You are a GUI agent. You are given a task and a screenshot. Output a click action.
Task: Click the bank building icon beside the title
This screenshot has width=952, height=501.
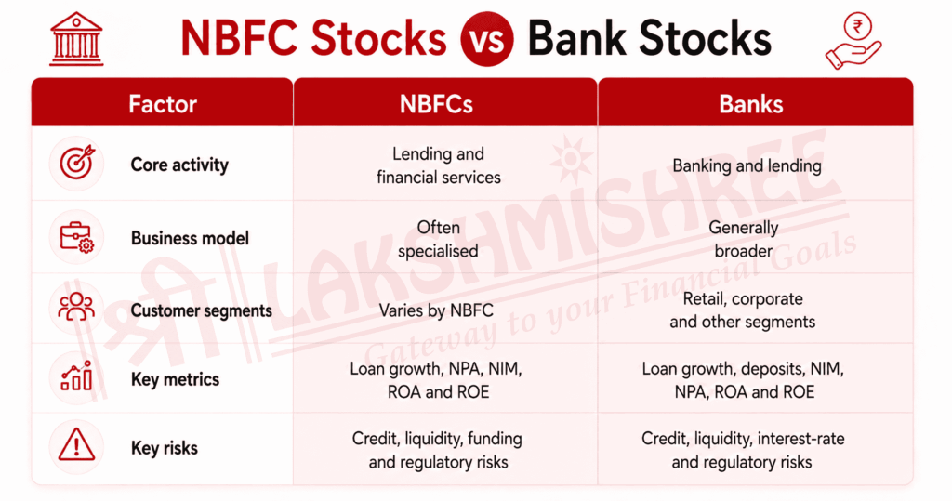(76, 39)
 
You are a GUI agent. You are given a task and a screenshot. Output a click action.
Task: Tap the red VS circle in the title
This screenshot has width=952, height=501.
(487, 39)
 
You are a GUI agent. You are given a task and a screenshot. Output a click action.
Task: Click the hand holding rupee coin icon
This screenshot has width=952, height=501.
(853, 41)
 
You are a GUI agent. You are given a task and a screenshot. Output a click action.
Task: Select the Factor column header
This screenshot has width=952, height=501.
(163, 104)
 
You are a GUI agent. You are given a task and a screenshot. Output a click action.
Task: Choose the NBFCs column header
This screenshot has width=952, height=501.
(436, 104)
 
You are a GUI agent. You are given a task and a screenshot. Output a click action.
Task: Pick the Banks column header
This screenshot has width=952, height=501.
(751, 104)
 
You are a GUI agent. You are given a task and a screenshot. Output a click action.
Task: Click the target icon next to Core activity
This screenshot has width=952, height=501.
(77, 163)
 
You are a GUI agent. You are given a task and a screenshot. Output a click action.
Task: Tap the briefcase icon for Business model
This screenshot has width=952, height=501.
(76, 237)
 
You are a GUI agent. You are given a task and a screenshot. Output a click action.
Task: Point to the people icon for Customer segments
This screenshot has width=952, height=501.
(76, 307)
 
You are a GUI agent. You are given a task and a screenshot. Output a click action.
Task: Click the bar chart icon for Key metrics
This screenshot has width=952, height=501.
(76, 376)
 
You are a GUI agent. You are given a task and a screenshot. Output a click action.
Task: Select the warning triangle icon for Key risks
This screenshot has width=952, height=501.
(76, 444)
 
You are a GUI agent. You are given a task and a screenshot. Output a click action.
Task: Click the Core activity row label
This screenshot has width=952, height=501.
(179, 165)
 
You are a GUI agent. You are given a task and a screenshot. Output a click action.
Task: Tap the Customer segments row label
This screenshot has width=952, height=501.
(202, 311)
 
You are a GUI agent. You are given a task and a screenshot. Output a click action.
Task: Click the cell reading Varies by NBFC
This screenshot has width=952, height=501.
(436, 310)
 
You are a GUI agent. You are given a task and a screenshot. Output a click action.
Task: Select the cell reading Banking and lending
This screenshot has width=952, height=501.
(747, 165)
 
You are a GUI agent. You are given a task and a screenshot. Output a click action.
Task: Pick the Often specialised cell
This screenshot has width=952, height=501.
(439, 239)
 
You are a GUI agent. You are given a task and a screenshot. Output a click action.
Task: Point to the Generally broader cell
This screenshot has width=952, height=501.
(744, 239)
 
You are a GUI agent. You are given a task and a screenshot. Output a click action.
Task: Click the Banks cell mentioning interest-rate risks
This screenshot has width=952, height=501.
(743, 450)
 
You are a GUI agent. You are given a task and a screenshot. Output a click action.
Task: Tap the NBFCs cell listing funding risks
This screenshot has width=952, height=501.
(437, 450)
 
